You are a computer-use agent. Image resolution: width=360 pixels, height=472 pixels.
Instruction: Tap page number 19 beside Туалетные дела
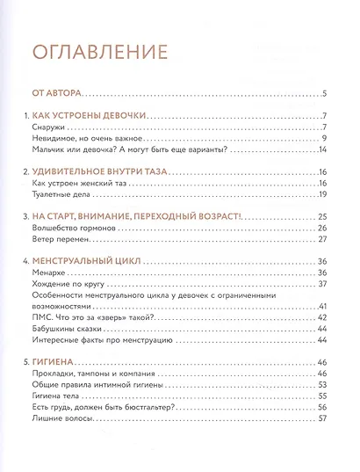tap(322, 202)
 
